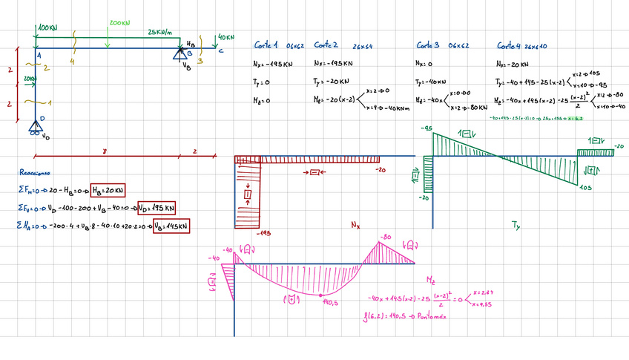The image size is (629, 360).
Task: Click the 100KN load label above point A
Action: pyautogui.click(x=47, y=27)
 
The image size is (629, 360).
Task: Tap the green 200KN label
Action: pyautogui.click(x=119, y=23)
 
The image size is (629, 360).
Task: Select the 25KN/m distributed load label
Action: pyautogui.click(x=159, y=33)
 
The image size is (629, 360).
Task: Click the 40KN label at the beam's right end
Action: pyautogui.click(x=225, y=36)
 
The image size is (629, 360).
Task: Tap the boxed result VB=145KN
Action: pyautogui.click(x=171, y=225)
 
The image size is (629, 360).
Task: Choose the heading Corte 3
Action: pyautogui.click(x=427, y=45)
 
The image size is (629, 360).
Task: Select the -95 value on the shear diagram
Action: pyautogui.click(x=427, y=128)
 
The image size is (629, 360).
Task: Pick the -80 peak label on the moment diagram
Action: pyautogui.click(x=385, y=238)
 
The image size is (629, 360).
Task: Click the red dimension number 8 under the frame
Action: pyautogui.click(x=105, y=151)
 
